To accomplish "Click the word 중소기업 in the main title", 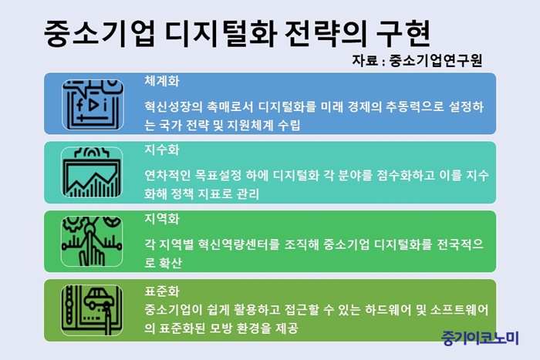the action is click(x=100, y=33).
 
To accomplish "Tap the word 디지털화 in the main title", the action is click(x=221, y=33).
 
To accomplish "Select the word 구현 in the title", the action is click(x=403, y=33).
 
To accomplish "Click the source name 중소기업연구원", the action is click(x=436, y=61).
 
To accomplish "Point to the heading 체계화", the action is click(x=162, y=81).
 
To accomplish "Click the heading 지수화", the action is click(x=162, y=150).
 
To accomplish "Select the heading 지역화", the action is click(x=162, y=219).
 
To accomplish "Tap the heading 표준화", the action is click(x=162, y=291).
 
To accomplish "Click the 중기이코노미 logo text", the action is click(x=480, y=338).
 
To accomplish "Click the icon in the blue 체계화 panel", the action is click(x=93, y=105).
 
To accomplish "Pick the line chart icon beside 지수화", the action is click(x=92, y=173).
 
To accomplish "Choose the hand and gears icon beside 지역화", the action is click(x=92, y=241).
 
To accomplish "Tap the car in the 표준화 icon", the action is click(x=98, y=298).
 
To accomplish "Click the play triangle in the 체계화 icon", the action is click(x=93, y=105).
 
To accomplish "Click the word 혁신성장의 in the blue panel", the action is click(x=174, y=107).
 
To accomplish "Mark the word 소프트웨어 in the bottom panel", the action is click(x=460, y=310).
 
